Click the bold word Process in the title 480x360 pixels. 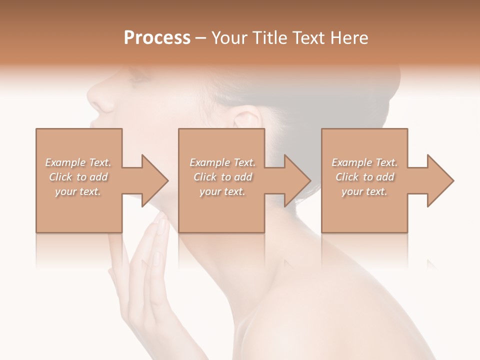coord(157,37)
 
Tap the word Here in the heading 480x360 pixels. coord(349,37)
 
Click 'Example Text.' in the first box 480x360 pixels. coord(78,162)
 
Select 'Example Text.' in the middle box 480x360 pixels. coord(222,162)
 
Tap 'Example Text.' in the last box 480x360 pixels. coord(364,162)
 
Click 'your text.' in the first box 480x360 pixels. coord(78,191)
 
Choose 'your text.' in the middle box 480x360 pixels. coord(222,191)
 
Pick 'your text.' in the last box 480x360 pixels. coord(364,191)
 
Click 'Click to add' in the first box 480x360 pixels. coord(78,177)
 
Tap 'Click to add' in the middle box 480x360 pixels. coord(222,177)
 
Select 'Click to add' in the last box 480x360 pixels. coord(364,177)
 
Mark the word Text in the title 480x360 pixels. coord(310,37)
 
